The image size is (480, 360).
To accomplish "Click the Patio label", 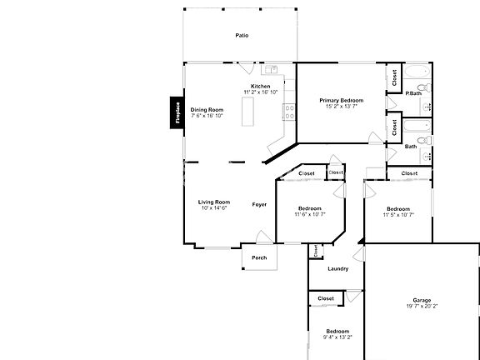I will pyautogui.click(x=242, y=36).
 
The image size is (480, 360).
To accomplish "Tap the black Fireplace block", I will pyautogui.click(x=177, y=113).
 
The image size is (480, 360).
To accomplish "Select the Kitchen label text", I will pyautogui.click(x=261, y=86).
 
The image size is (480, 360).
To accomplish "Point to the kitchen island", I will pyautogui.click(x=247, y=112).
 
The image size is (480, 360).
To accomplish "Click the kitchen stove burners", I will pyautogui.click(x=289, y=107).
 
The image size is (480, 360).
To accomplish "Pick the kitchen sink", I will pyautogui.click(x=271, y=69).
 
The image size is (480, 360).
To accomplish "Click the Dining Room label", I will pyautogui.click(x=207, y=110).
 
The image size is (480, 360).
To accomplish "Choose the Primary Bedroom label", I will pyautogui.click(x=342, y=100).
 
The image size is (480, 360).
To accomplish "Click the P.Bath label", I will pyautogui.click(x=413, y=93).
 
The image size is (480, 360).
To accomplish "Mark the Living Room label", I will pyautogui.click(x=214, y=202).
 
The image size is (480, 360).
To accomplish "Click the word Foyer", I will pyautogui.click(x=260, y=204).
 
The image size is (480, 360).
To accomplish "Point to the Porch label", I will pyautogui.click(x=259, y=257).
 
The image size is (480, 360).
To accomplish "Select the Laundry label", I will pyautogui.click(x=337, y=268).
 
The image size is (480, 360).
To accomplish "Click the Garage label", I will pyautogui.click(x=422, y=300).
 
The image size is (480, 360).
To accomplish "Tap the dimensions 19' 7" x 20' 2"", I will pyautogui.click(x=422, y=306).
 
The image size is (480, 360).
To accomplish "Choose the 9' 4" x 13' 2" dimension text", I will pyautogui.click(x=337, y=337).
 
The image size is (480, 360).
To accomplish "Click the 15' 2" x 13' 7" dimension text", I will pyautogui.click(x=342, y=106).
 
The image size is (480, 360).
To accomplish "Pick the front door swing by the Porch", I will pyautogui.click(x=262, y=237).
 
